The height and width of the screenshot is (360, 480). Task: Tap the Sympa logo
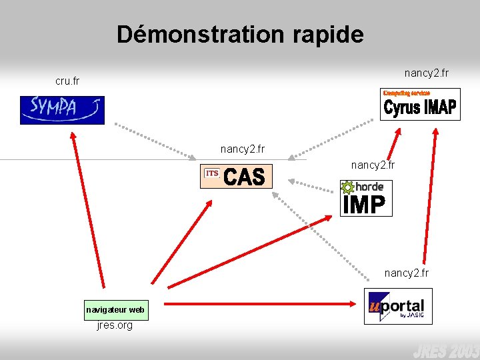tap(62, 110)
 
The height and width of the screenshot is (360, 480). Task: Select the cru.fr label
tap(67, 81)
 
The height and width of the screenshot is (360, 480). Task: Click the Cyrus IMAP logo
tap(420, 105)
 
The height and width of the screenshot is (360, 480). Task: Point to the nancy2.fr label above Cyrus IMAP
tap(427, 72)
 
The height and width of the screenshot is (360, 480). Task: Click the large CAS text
tap(245, 177)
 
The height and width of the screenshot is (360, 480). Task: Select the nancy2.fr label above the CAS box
tap(243, 149)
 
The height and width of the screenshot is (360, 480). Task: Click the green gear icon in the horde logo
tap(347, 188)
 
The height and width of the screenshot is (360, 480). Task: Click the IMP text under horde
tap(364, 205)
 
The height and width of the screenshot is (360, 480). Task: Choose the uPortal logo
tap(398, 306)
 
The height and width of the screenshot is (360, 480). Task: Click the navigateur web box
tap(115, 310)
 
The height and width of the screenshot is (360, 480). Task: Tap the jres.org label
tap(115, 325)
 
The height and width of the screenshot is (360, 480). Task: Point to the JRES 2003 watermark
tap(445, 350)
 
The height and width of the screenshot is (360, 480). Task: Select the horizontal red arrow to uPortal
tap(260, 304)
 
